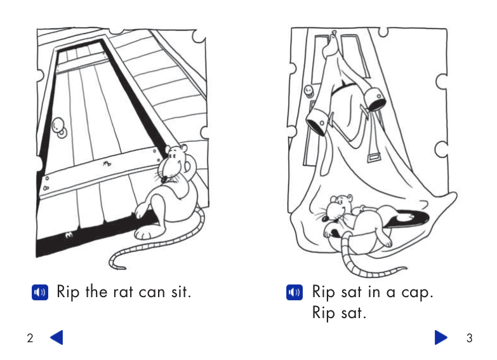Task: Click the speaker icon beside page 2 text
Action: (x=40, y=292)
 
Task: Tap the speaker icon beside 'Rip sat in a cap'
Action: (x=295, y=292)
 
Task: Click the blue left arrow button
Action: (x=56, y=338)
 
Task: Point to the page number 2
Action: (x=30, y=338)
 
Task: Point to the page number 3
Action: (x=470, y=338)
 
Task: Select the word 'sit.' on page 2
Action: (x=182, y=291)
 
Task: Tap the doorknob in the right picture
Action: (x=308, y=91)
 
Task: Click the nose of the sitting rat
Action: (x=164, y=180)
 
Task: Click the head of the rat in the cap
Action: (x=338, y=207)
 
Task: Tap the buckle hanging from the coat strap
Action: (x=374, y=157)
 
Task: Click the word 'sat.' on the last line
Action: (x=354, y=313)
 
